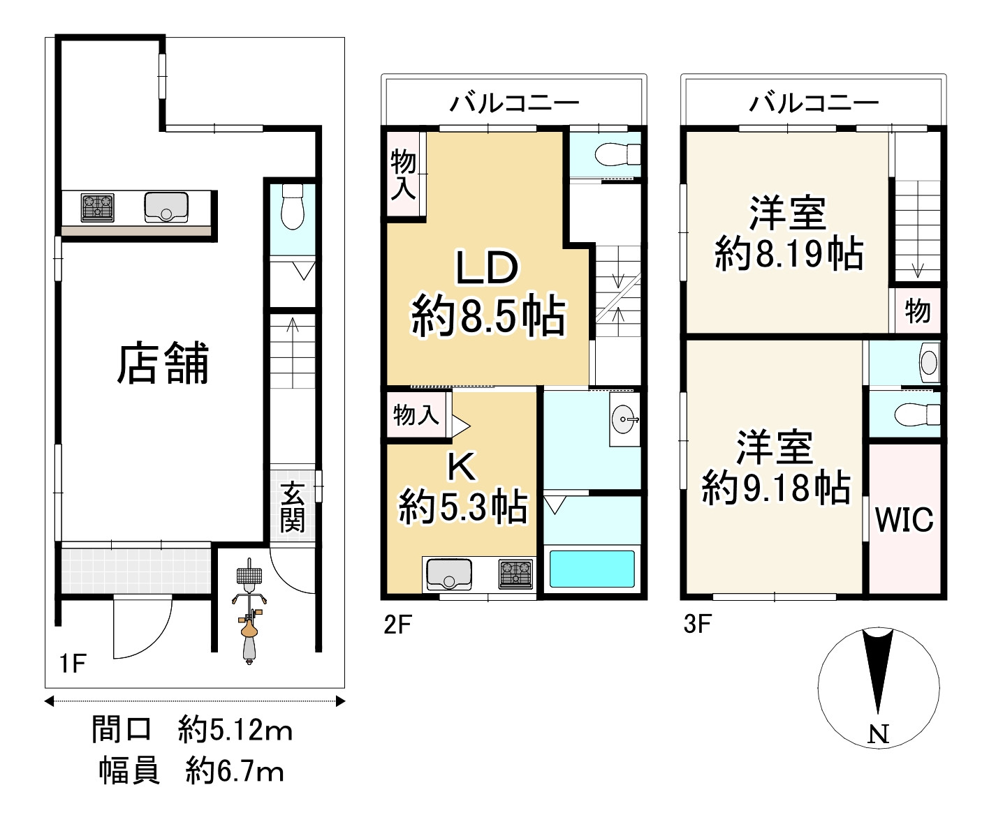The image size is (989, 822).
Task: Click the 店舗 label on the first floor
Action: tap(162, 365)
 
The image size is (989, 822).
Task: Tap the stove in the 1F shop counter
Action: tap(98, 207)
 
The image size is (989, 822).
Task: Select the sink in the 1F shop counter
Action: tap(166, 207)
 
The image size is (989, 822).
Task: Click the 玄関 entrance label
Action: tap(292, 507)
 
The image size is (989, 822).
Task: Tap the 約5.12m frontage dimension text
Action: tap(235, 731)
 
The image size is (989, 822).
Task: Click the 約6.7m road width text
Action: tap(235, 772)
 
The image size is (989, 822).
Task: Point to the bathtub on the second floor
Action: tap(592, 569)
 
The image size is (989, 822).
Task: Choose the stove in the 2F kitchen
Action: tap(515, 574)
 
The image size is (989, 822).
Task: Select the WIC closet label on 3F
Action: tap(904, 520)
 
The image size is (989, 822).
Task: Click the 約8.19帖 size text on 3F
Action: tap(789, 255)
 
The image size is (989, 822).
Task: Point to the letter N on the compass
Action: tap(879, 734)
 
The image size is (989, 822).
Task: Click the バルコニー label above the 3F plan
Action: tap(814, 104)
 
